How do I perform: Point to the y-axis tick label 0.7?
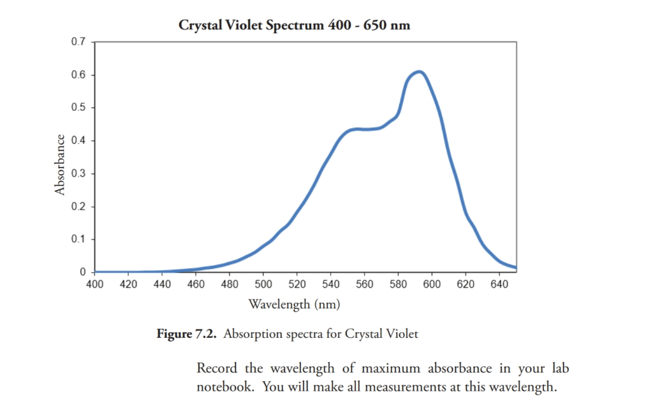[x=78, y=42]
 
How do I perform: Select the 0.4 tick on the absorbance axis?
[x=78, y=140]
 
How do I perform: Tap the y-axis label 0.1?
[x=78, y=239]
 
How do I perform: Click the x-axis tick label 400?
[x=94, y=284]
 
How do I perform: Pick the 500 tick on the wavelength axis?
[x=263, y=284]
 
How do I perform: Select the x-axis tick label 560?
[x=364, y=284]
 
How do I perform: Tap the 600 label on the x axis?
[x=432, y=284]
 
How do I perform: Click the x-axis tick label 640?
[x=499, y=284]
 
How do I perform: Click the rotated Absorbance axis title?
[x=60, y=164]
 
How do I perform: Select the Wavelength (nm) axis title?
[x=294, y=304]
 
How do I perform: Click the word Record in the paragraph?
[x=217, y=368]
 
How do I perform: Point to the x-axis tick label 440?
[x=162, y=284]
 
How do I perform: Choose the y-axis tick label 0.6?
[x=78, y=75]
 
